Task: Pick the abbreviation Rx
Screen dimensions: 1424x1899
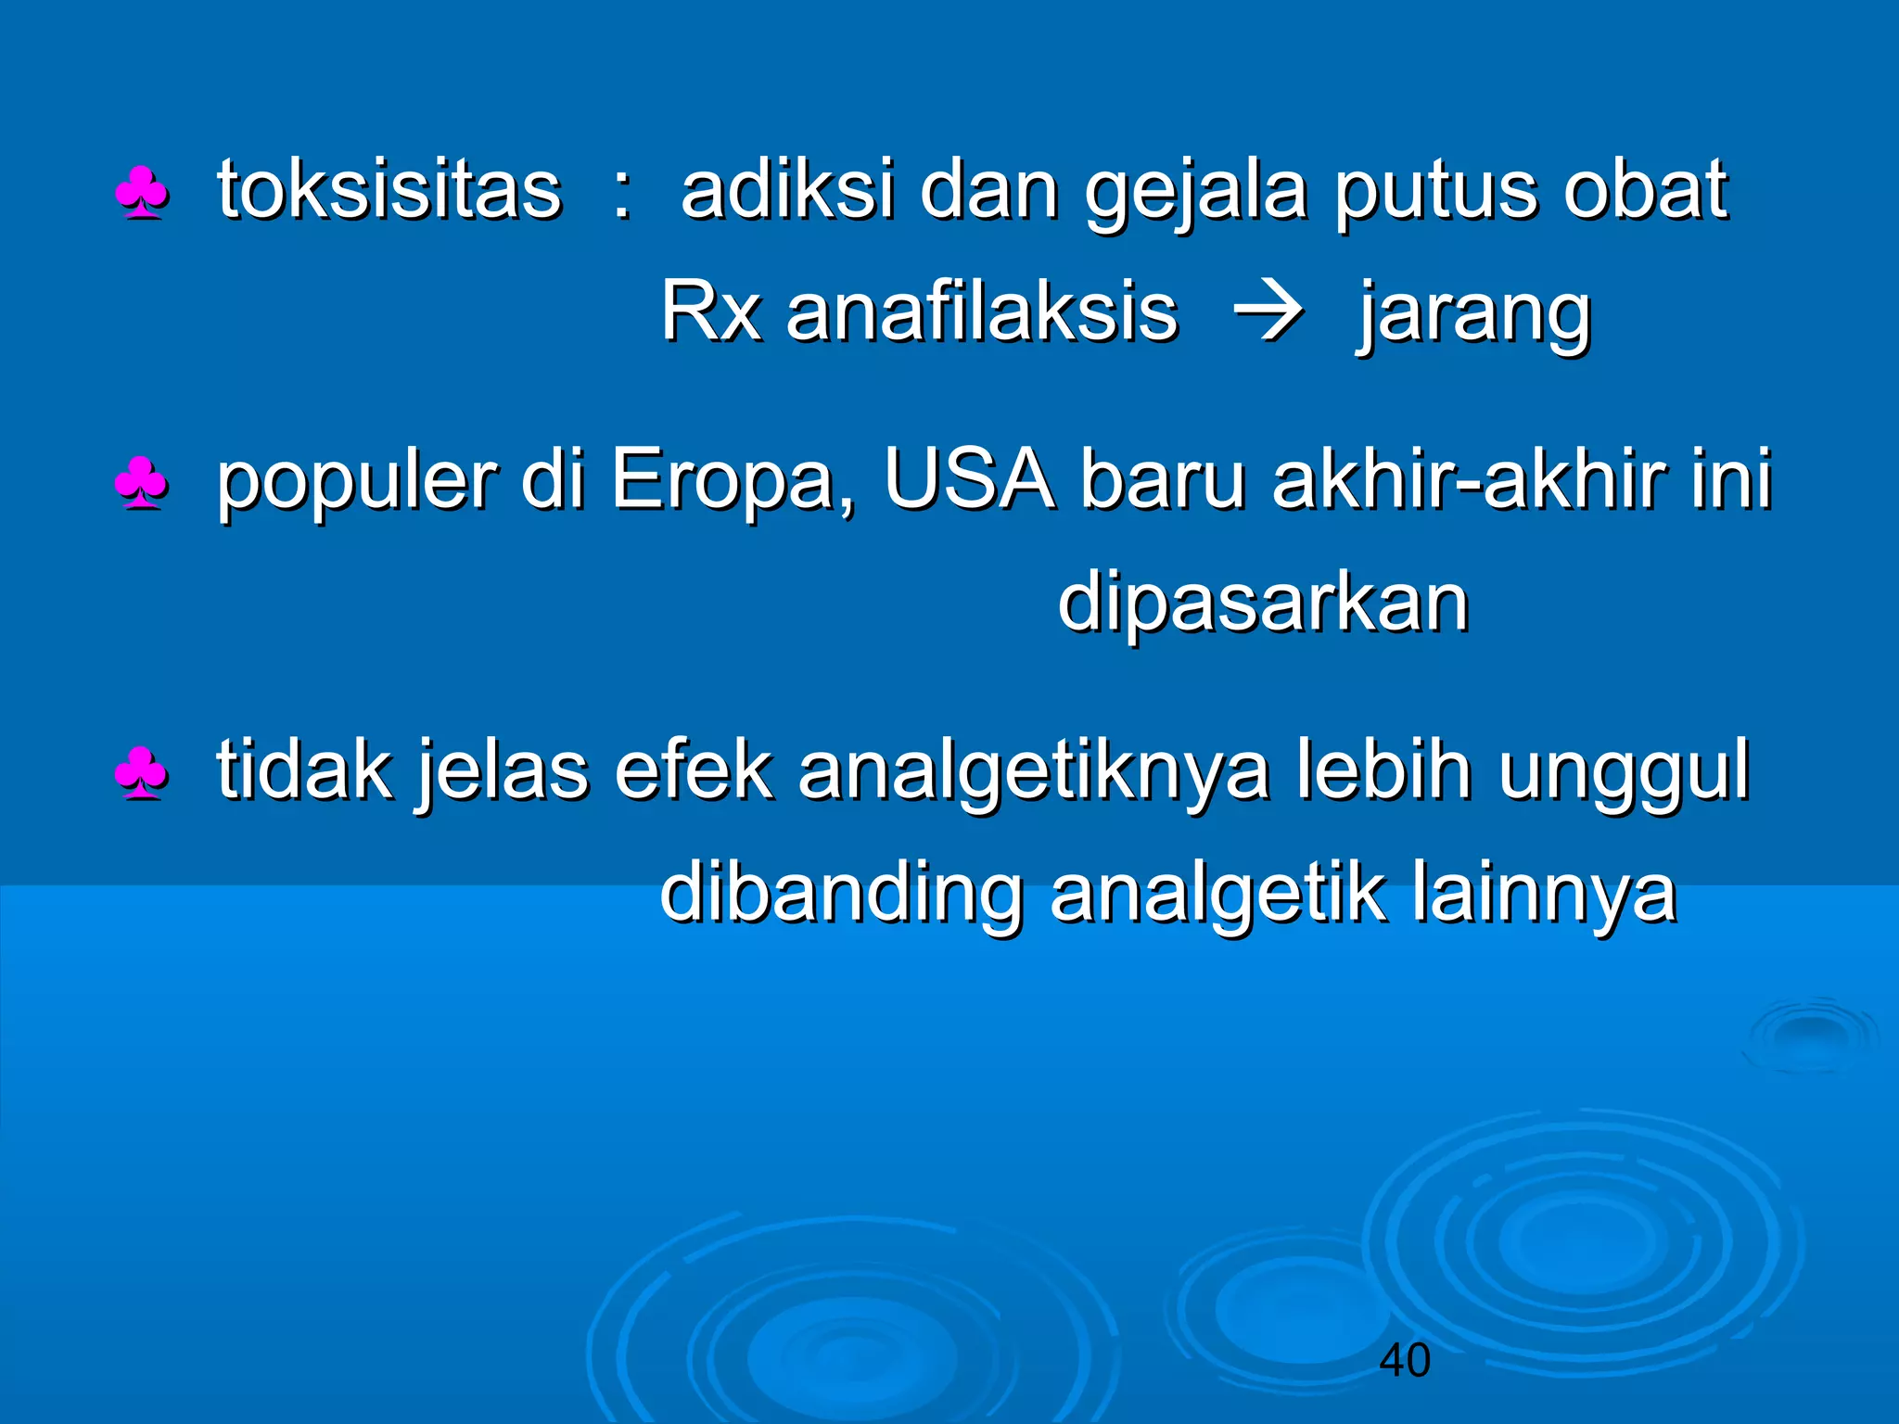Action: (x=709, y=312)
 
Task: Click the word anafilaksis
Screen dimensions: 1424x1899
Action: (x=981, y=312)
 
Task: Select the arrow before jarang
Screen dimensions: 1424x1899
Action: (x=1268, y=313)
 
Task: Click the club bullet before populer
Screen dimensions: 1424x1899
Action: (x=142, y=483)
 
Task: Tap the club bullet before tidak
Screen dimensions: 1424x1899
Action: (x=142, y=774)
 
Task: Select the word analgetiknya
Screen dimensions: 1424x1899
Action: (x=1033, y=772)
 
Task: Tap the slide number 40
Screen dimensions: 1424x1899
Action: (x=1404, y=1361)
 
